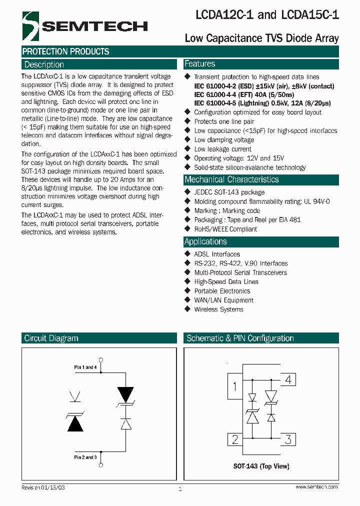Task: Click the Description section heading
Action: pos(44,64)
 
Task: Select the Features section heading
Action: pos(200,64)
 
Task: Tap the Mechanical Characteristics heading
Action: pos(231,179)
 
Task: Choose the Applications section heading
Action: pos(205,241)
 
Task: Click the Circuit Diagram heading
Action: pos(51,338)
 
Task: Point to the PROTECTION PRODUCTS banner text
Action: pos(65,51)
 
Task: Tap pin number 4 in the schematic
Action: pos(288,379)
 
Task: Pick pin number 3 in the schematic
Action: pos(288,440)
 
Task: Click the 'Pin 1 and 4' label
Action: pos(85,367)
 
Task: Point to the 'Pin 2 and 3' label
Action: pos(85,457)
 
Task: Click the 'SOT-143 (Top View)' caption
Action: pos(261,466)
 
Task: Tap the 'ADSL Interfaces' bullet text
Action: pos(217,254)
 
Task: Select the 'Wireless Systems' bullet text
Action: pos(218,309)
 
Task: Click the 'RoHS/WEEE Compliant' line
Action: pos(225,229)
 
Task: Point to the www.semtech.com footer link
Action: pos(316,487)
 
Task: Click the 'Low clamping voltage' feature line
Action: pos(224,140)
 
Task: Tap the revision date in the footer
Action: pos(43,487)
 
